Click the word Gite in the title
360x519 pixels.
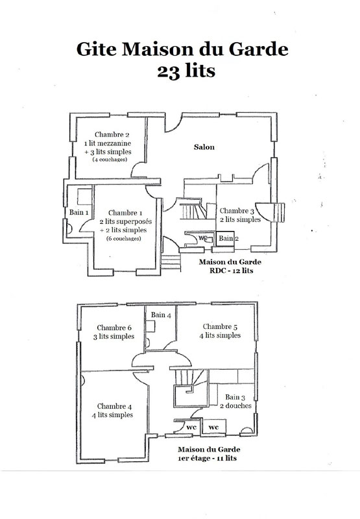tap(96, 49)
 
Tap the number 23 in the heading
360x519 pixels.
tap(169, 71)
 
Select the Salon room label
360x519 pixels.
tap(204, 147)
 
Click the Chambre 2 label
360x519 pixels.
tap(112, 134)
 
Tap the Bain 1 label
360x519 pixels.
tap(78, 212)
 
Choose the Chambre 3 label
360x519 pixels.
tap(237, 211)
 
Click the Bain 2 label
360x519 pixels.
tap(228, 238)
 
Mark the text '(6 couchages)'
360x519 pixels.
tap(124, 239)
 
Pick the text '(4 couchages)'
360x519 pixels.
tap(110, 160)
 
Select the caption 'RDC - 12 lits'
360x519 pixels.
tap(232, 271)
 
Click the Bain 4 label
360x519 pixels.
tap(161, 315)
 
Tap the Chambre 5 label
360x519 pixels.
tap(220, 327)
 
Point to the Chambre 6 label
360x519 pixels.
tap(114, 328)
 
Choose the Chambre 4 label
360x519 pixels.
tap(114, 406)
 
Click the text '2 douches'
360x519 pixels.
tap(236, 406)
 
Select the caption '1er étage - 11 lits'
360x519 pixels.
tap(207, 459)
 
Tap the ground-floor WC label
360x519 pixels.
tap(202, 237)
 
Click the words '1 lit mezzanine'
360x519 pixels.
tap(108, 143)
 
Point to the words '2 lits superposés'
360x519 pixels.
tap(126, 221)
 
